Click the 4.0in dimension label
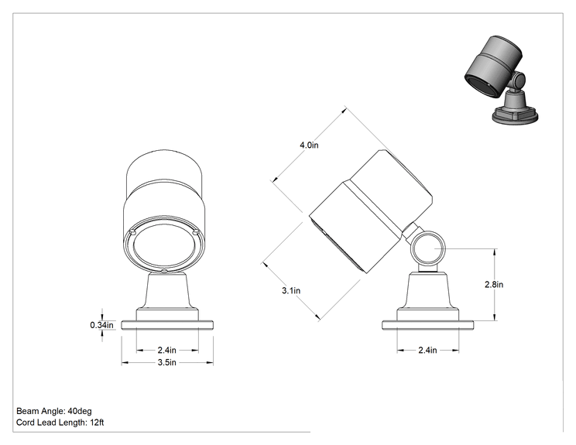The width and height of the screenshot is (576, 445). pyautogui.click(x=309, y=145)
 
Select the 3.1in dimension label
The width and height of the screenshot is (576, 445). pyautogui.click(x=291, y=290)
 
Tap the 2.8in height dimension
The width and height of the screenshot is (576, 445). pyautogui.click(x=494, y=284)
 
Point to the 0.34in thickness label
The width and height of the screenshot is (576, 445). pyautogui.click(x=101, y=325)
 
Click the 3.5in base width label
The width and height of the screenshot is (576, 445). pyautogui.click(x=166, y=362)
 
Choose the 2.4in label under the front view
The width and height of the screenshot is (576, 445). pyautogui.click(x=166, y=350)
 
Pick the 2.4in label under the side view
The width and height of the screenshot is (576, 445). pyautogui.click(x=427, y=350)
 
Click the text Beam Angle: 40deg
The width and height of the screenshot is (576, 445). pyautogui.click(x=54, y=411)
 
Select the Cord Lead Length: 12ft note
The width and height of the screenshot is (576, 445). pyautogui.click(x=60, y=423)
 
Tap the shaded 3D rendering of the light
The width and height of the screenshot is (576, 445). pyautogui.click(x=500, y=80)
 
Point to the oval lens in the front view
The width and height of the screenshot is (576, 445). pyautogui.click(x=164, y=245)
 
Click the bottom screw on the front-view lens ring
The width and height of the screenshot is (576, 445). pyautogui.click(x=164, y=272)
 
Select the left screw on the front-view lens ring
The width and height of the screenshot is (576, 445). pyautogui.click(x=132, y=231)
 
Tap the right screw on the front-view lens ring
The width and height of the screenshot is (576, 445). pyautogui.click(x=195, y=231)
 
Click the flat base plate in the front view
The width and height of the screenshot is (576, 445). pyautogui.click(x=167, y=325)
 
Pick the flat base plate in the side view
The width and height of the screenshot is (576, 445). pyautogui.click(x=427, y=325)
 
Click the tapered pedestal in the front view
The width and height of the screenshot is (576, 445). pyautogui.click(x=167, y=291)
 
